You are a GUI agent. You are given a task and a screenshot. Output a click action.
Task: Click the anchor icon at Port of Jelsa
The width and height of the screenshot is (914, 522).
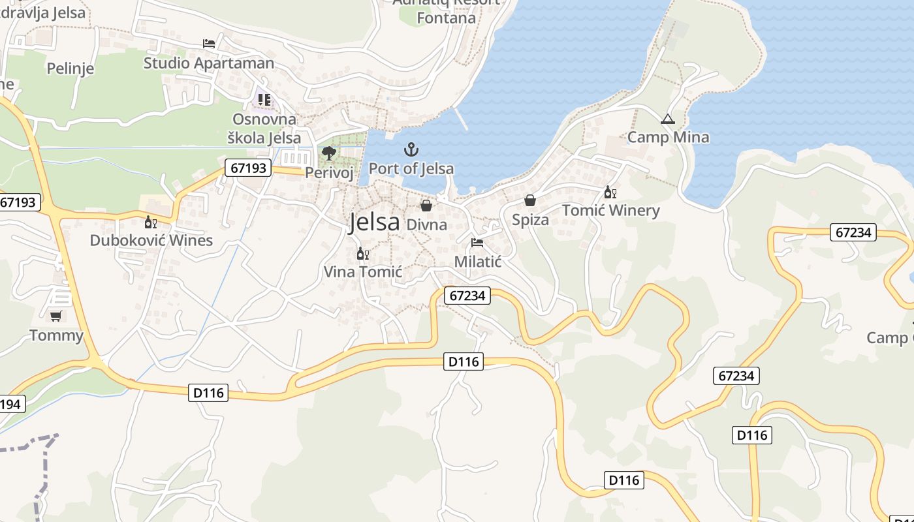point(411,149)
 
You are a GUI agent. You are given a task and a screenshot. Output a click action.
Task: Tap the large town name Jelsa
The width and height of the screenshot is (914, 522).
point(374,222)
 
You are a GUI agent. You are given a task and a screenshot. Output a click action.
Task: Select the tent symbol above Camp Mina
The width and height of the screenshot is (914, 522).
point(667,119)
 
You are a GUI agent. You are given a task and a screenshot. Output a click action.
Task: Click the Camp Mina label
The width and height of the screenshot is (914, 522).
point(668,137)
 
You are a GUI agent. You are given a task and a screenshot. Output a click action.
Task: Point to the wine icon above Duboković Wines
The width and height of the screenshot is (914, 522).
point(151,223)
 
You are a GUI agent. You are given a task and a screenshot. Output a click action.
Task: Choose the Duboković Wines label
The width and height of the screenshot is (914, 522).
point(151,240)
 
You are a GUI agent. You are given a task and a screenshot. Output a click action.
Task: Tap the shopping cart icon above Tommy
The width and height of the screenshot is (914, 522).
point(56,316)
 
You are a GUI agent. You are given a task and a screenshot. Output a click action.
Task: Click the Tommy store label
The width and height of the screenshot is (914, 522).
point(57,335)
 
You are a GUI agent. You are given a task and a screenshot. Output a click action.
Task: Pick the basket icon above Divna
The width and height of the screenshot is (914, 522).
point(426,206)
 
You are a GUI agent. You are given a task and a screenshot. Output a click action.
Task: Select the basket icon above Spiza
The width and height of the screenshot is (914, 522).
point(530,200)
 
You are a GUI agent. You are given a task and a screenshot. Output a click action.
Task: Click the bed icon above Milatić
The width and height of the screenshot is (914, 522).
point(477,243)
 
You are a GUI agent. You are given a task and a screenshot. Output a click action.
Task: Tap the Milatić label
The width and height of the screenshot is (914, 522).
point(478,262)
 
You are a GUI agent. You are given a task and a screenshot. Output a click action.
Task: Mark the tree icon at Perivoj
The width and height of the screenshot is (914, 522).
point(329,153)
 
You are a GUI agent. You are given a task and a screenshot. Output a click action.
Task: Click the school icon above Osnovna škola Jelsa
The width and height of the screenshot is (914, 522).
point(264,100)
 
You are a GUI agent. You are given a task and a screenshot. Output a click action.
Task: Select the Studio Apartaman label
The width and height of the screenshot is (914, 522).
point(209,63)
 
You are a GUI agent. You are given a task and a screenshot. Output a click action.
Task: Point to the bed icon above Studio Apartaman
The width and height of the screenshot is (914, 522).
point(209,44)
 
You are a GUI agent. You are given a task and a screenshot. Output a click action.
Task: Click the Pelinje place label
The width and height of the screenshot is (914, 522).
point(71,68)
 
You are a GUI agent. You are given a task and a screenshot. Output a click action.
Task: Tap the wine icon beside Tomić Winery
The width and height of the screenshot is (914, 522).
point(610,192)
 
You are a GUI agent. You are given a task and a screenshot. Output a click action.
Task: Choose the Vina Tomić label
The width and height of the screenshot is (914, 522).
point(363,271)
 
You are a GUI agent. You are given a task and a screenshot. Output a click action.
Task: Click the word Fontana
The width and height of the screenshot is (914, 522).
point(447,18)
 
